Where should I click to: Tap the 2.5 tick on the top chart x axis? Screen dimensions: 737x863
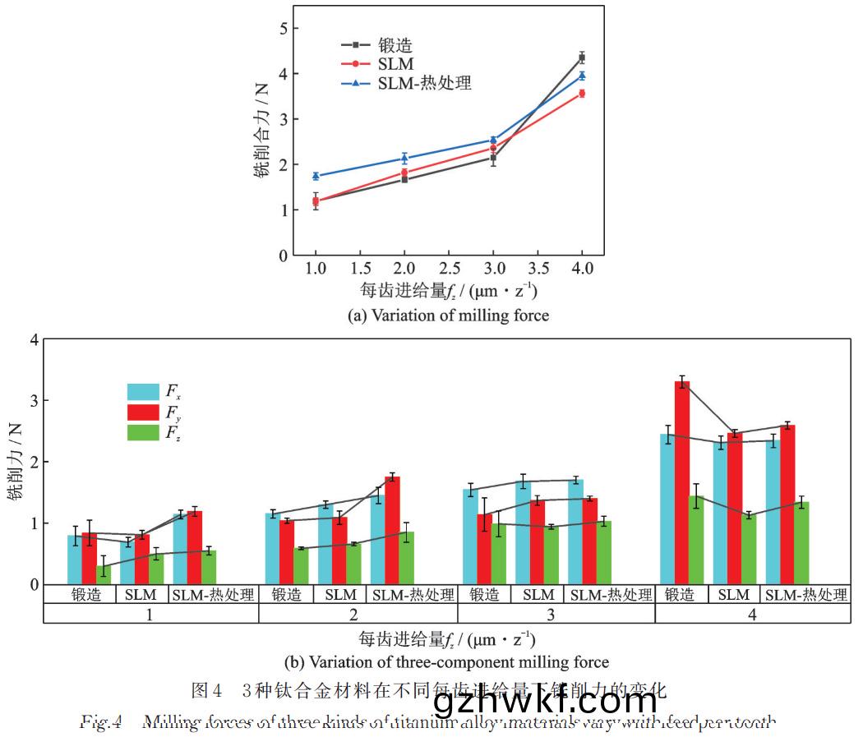coord(449,269)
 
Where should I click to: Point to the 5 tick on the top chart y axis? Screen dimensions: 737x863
coord(283,29)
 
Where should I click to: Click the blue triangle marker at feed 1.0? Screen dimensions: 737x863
coord(316,176)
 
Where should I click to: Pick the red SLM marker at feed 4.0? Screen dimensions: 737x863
coord(582,94)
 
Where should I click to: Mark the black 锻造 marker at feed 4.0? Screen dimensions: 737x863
coord(582,58)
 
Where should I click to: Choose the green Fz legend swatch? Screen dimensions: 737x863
coord(143,431)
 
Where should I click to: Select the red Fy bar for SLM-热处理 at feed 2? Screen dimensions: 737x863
coord(392,530)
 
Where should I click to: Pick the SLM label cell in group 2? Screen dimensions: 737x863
coord(340,594)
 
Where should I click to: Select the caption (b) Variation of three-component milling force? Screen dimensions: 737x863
coord(446,661)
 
